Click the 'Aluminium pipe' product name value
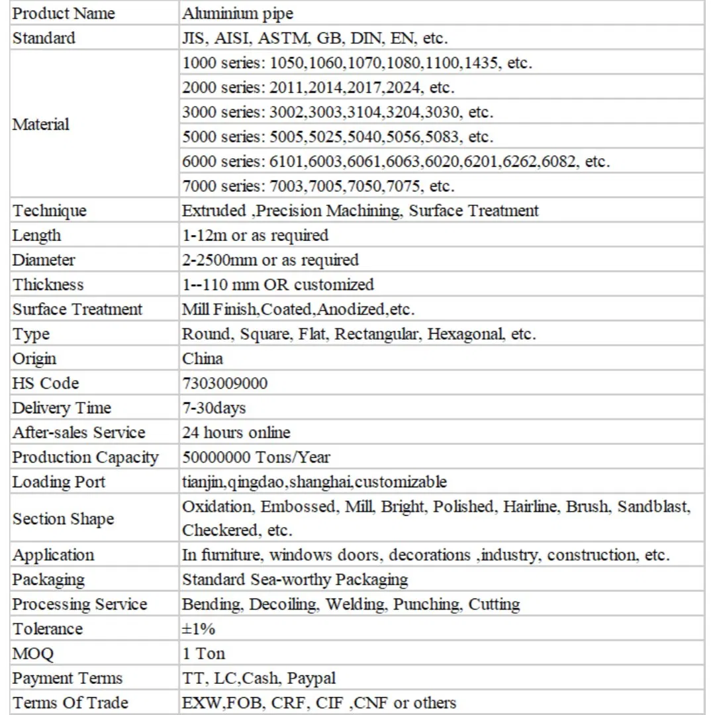pyautogui.click(x=237, y=13)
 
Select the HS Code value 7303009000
pyautogui.click(x=225, y=383)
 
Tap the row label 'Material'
pyautogui.click(x=40, y=124)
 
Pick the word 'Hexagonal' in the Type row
pyautogui.click(x=465, y=334)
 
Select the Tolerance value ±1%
pyautogui.click(x=199, y=629)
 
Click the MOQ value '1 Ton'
pyautogui.click(x=203, y=653)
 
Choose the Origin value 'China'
pyautogui.click(x=203, y=359)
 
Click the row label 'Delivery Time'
pyautogui.click(x=62, y=408)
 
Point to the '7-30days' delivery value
pyautogui.click(x=214, y=408)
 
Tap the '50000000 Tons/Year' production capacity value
pyautogui.click(x=256, y=457)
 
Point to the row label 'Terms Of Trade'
pyautogui.click(x=70, y=702)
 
